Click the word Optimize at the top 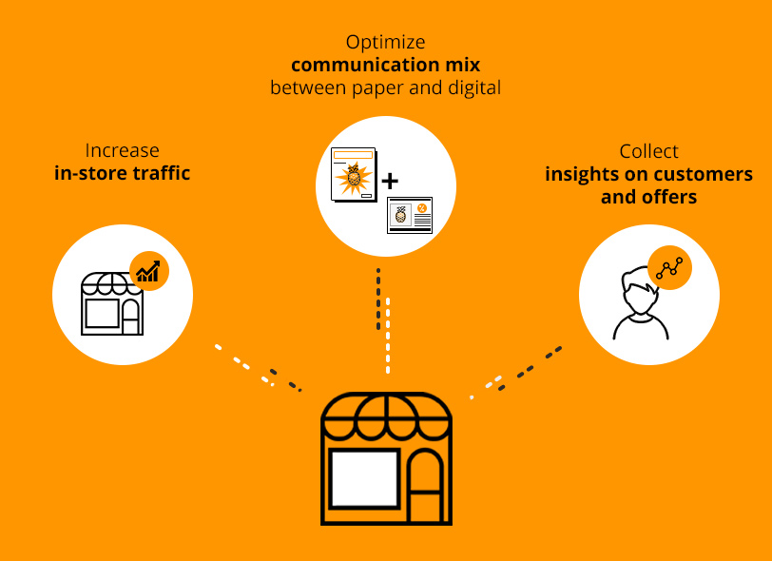point(385,43)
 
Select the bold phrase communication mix point(385,65)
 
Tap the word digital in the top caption point(474,88)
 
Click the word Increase point(122,150)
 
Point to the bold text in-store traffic point(122,173)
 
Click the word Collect point(649,151)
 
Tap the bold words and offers point(649,197)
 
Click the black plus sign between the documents point(390,182)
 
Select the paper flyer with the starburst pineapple point(354,174)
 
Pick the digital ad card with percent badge point(410,215)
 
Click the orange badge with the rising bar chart point(149,271)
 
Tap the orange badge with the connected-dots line point(669,267)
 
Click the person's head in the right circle point(639,291)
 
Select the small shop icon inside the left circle point(112,303)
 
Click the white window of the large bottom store point(364,479)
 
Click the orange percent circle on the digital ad point(422,208)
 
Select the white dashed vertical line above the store point(388,336)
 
